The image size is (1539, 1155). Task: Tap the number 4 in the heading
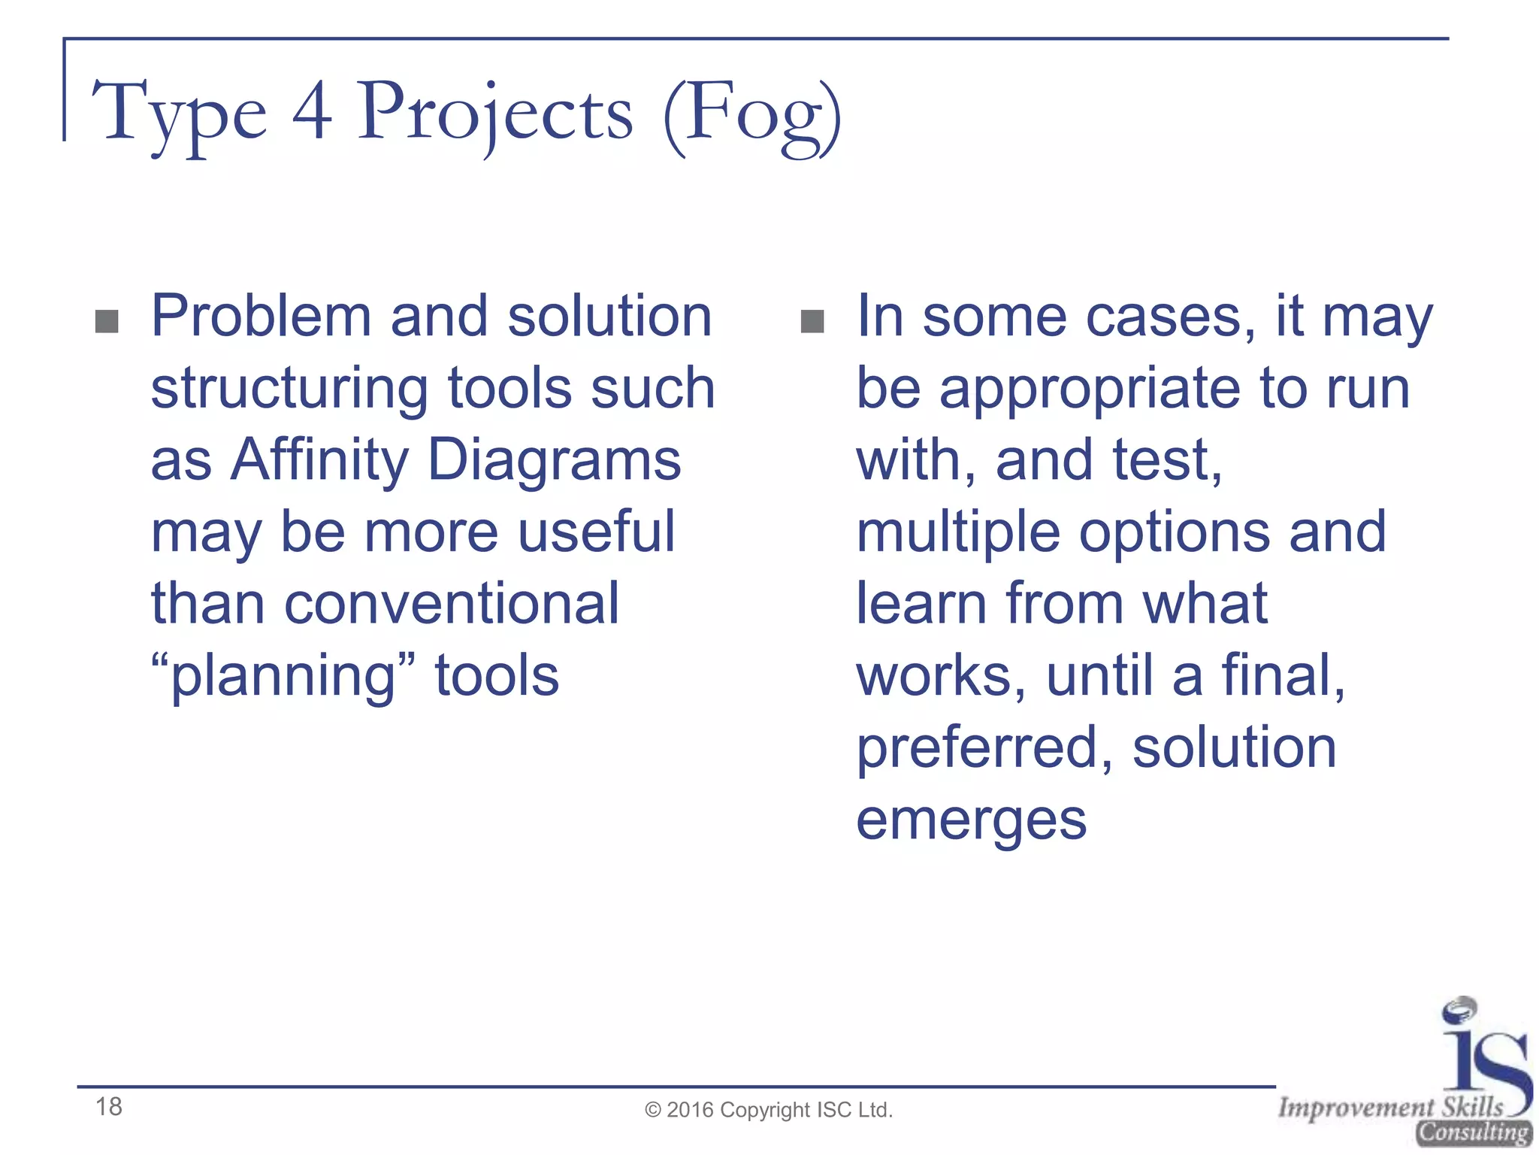(x=311, y=113)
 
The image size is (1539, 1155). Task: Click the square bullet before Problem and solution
(x=107, y=321)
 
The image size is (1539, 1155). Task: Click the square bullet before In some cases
(x=812, y=321)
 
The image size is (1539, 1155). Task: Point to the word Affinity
(x=319, y=460)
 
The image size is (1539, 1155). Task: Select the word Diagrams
(x=554, y=460)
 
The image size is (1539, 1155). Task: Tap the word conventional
(x=452, y=604)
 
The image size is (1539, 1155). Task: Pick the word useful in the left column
(x=597, y=532)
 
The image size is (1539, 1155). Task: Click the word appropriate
(x=1090, y=390)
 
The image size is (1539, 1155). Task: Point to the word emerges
(x=971, y=821)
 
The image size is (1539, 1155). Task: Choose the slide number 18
(x=109, y=1106)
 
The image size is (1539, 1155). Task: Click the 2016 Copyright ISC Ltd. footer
(x=769, y=1110)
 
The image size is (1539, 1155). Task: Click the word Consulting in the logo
(x=1474, y=1132)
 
